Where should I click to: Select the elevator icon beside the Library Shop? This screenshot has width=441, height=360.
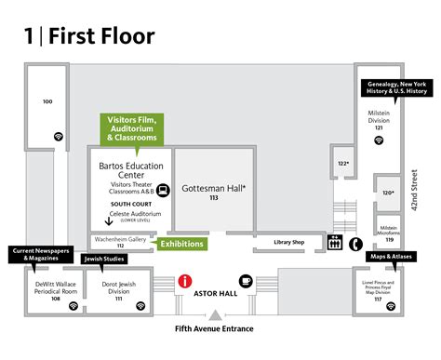point(336,244)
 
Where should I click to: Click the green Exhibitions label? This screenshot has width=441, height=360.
point(180,244)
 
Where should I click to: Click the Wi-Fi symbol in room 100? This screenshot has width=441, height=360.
point(59,136)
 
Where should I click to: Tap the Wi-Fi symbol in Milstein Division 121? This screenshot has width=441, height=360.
point(379,140)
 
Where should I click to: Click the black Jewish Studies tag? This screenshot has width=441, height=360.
point(104,260)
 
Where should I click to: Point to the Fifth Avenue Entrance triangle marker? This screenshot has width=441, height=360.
point(214,316)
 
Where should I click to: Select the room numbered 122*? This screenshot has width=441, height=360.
point(343,165)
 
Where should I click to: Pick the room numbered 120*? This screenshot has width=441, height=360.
point(386,193)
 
